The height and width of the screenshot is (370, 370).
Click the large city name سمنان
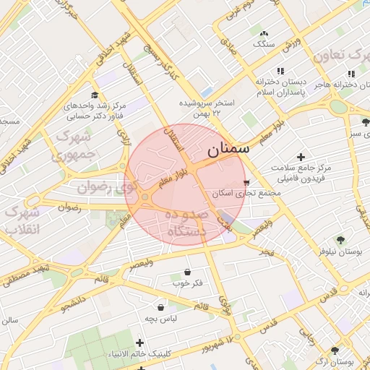click(x=228, y=150)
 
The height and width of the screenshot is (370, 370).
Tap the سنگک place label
click(x=263, y=43)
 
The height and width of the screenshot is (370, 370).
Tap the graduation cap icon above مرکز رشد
click(x=95, y=95)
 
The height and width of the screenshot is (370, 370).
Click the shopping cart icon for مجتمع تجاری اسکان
click(x=247, y=182)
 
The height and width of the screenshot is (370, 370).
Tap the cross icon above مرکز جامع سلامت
click(x=301, y=157)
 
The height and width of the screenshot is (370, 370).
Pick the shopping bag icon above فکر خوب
click(x=188, y=272)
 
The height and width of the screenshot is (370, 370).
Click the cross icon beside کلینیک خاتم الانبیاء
click(x=139, y=343)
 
